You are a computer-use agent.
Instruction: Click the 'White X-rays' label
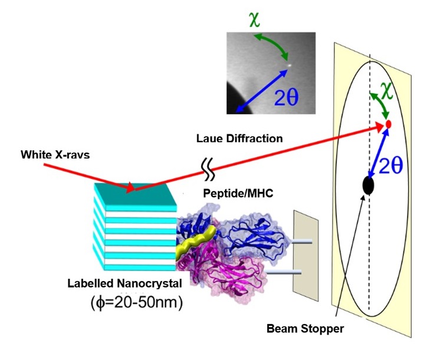[x=55, y=155]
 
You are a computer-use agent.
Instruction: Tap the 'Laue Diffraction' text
[x=239, y=138]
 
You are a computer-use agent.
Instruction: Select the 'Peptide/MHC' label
[x=238, y=193]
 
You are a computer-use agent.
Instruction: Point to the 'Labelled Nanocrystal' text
[x=124, y=283]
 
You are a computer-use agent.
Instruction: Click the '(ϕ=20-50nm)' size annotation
[x=137, y=302]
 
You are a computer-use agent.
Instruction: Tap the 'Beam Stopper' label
[x=305, y=329]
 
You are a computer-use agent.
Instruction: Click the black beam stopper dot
[x=368, y=186]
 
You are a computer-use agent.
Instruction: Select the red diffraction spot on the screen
[x=389, y=124]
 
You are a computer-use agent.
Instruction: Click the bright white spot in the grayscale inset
[x=289, y=65]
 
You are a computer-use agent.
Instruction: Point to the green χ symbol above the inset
[x=254, y=19]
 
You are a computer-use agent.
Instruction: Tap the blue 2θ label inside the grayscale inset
[x=286, y=97]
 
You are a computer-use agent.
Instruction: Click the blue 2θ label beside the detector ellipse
[x=391, y=165]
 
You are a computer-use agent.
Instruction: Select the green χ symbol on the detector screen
[x=386, y=91]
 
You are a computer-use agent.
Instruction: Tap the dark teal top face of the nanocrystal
[x=135, y=194]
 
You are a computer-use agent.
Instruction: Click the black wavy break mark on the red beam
[x=208, y=169]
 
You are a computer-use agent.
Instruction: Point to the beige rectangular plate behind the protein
[x=305, y=256]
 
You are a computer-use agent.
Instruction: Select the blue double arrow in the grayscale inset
[x=262, y=91]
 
